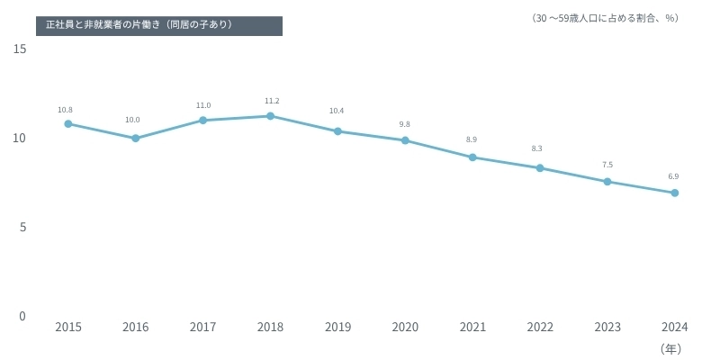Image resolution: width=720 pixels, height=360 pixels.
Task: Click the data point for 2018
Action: pos(270,116)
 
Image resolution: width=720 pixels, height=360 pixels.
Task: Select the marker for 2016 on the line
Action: pos(135,139)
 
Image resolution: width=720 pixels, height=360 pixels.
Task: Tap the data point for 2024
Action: pos(674,193)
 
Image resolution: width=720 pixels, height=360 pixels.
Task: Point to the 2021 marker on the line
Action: pos(472,157)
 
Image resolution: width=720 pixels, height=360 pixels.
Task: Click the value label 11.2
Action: pos(272,101)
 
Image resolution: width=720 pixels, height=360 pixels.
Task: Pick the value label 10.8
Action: pos(65,110)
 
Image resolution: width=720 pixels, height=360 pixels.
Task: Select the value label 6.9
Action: pos(673,176)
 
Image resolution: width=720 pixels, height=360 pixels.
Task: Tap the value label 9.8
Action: pos(404,124)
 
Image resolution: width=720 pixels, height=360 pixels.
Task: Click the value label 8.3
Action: pos(537,148)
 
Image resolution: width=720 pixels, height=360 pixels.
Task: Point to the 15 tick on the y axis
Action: pos(20,49)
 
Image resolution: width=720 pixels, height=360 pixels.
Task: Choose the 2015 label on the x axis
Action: pos(68,328)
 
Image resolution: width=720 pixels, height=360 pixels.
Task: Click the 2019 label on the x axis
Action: pos(337,328)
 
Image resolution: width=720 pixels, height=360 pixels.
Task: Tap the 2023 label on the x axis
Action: pos(607,328)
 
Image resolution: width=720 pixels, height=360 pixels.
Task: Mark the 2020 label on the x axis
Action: pos(405,328)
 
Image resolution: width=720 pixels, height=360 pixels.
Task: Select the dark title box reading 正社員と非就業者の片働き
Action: pos(159,25)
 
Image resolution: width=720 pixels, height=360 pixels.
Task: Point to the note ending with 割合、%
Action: pos(605,18)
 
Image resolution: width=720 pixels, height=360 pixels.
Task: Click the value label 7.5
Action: pos(607,165)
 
